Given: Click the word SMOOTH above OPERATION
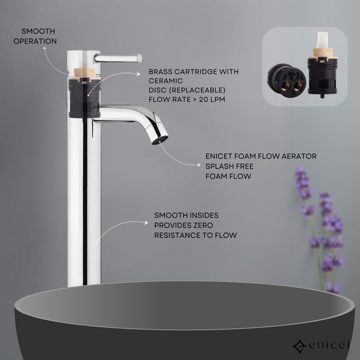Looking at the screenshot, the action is click(x=38, y=31).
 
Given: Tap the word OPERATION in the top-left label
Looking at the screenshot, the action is click(x=35, y=41).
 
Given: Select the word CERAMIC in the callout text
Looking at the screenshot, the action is click(x=166, y=81).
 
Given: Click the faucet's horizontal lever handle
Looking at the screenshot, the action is click(x=118, y=58).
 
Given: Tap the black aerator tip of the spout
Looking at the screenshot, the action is click(x=160, y=140).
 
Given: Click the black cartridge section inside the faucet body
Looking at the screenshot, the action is click(x=85, y=98).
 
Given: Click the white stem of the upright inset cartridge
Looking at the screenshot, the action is click(x=323, y=40).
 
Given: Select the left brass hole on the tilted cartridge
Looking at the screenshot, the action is click(x=286, y=86).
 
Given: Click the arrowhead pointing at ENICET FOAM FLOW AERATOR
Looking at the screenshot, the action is click(x=199, y=165).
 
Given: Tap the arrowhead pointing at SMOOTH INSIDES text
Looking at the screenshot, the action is click(x=146, y=223).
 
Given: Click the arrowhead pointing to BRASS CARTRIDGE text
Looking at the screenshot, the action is click(x=138, y=74).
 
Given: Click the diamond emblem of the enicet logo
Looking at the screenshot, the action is click(x=299, y=346).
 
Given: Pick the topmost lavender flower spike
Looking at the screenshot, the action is click(x=302, y=182).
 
